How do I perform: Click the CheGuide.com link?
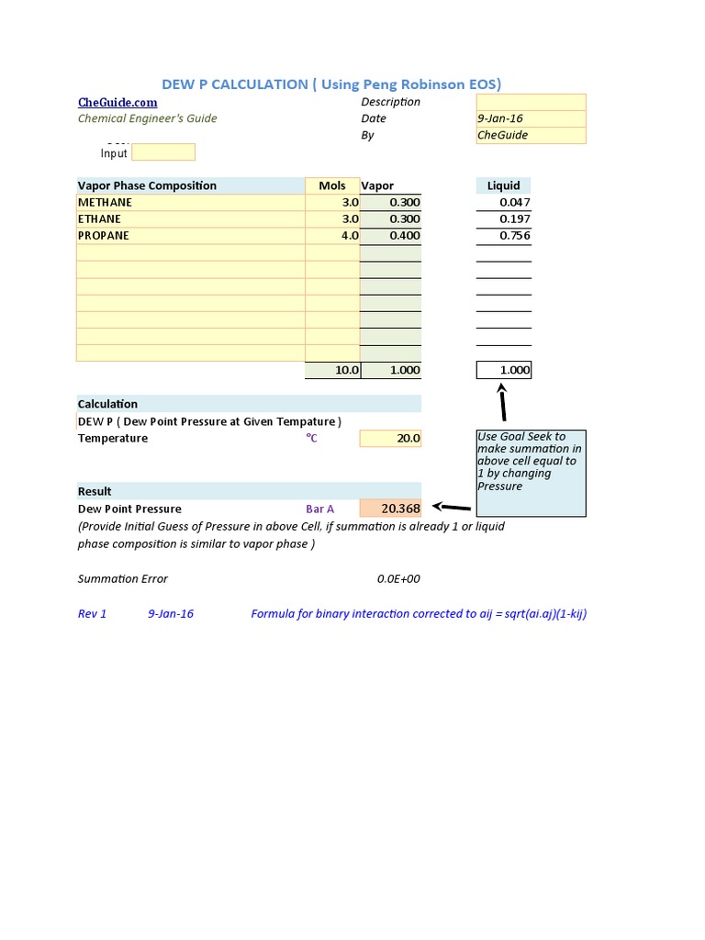(x=117, y=102)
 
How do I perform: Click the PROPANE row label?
(x=104, y=236)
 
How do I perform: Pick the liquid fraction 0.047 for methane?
(x=514, y=202)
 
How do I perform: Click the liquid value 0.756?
(x=514, y=236)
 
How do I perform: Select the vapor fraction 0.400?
(x=404, y=236)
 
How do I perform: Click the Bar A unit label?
(x=319, y=509)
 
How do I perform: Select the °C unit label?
(x=311, y=439)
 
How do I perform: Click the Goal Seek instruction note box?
(x=531, y=473)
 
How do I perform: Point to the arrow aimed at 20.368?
(x=451, y=507)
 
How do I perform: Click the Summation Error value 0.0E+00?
(x=398, y=579)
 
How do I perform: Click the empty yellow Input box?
(x=163, y=152)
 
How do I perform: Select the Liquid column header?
(x=503, y=185)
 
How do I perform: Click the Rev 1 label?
(x=93, y=614)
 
